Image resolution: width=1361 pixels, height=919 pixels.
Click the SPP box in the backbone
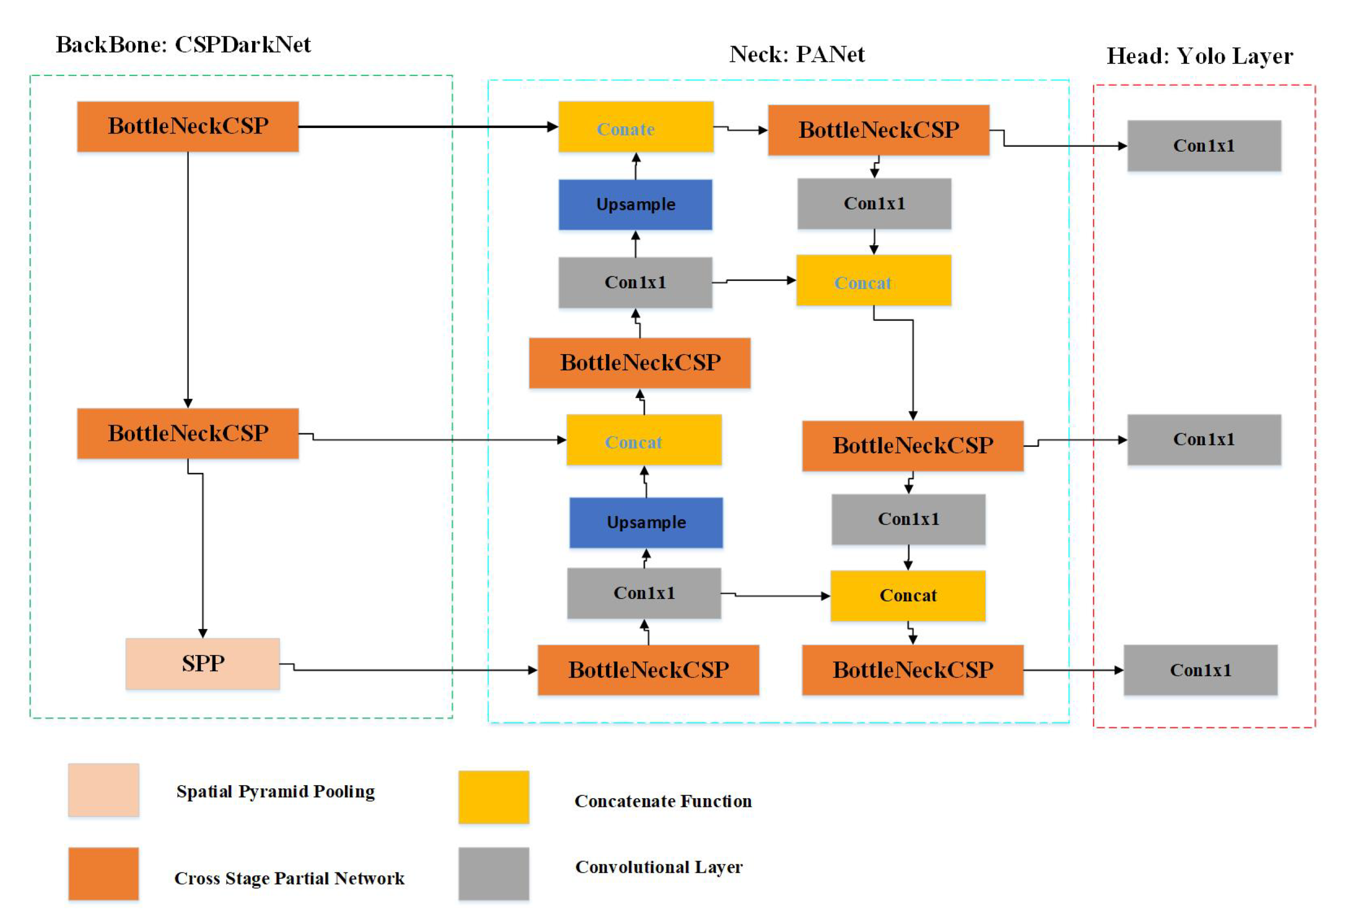point(202,663)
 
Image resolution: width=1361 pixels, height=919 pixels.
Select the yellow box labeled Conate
point(635,127)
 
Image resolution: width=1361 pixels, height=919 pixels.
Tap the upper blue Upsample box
point(635,204)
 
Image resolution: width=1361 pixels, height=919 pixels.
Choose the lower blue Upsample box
point(645,523)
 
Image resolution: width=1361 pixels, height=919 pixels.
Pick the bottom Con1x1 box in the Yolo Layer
point(1200,670)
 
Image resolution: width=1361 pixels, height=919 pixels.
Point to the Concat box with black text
point(907,595)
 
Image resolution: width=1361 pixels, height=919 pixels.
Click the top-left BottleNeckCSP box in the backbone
point(188,126)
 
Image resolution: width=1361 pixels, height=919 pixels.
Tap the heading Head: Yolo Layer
point(1199,56)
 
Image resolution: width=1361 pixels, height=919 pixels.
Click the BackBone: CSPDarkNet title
point(183,45)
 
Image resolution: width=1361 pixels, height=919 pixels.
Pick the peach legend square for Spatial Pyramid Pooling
point(103,789)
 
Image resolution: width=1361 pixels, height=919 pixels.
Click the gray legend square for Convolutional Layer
point(493,873)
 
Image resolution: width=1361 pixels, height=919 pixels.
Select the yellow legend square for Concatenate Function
point(493,796)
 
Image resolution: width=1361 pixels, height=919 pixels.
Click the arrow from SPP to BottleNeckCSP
point(410,670)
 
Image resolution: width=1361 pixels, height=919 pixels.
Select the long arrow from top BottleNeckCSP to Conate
point(427,126)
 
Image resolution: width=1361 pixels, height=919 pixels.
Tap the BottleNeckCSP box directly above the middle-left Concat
point(639,363)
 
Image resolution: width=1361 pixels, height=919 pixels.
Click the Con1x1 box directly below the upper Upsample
point(635,282)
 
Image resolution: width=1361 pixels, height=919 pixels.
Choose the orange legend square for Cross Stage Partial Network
point(103,873)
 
